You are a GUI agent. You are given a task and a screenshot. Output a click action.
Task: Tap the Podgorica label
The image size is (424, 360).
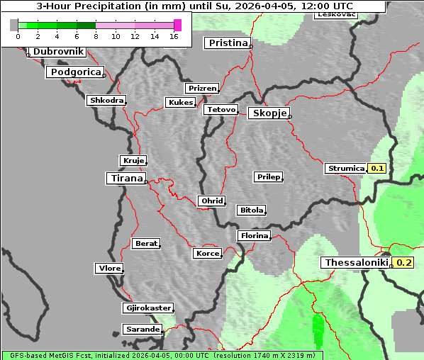coord(75,72)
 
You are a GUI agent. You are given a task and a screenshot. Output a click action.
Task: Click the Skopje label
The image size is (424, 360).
coord(268,113)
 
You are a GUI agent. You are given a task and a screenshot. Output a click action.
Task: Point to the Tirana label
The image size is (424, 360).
coord(125,179)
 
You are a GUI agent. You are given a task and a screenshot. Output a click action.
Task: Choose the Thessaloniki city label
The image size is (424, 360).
coord(356,263)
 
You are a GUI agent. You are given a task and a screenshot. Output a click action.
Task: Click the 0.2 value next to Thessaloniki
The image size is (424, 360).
coord(403,263)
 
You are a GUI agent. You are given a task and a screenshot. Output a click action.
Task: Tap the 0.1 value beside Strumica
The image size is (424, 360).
coord(377,169)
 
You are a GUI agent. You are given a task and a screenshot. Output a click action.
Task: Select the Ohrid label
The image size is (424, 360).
coord(211,201)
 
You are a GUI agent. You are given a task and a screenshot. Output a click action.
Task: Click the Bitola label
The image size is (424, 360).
coord(251,210)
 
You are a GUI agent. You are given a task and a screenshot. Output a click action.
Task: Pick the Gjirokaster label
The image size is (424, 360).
coord(147,308)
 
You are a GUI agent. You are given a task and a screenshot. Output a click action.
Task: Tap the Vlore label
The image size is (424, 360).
coord(108,269)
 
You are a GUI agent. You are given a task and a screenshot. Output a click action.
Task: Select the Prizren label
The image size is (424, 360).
coord(201,89)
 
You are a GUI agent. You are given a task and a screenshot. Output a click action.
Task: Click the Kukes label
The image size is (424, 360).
coord(180,103)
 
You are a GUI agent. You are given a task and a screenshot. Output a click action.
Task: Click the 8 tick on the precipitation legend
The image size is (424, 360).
coord(96,35)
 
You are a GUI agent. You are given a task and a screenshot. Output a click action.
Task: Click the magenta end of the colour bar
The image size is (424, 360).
coord(177,25)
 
